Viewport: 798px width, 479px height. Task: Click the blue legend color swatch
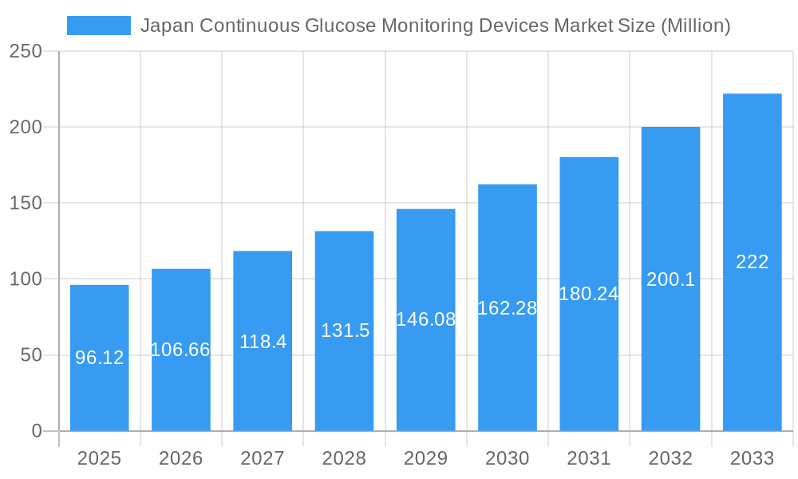click(98, 26)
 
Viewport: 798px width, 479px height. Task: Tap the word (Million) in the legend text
click(696, 26)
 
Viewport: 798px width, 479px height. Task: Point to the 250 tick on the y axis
click(26, 52)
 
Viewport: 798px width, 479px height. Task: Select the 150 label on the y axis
click(26, 204)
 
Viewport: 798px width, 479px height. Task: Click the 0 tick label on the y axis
click(37, 431)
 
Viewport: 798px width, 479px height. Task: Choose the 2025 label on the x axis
click(99, 458)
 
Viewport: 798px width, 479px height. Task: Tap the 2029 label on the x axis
click(425, 458)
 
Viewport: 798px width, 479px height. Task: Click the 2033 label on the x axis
click(752, 458)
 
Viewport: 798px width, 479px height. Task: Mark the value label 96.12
click(99, 358)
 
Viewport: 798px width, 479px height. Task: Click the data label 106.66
click(180, 350)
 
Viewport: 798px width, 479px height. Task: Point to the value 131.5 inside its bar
click(345, 331)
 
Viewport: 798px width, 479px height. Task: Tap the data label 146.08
click(425, 319)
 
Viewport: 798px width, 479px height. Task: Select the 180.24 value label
click(589, 294)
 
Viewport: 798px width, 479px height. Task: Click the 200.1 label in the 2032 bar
click(670, 279)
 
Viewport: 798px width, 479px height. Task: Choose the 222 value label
click(752, 262)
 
